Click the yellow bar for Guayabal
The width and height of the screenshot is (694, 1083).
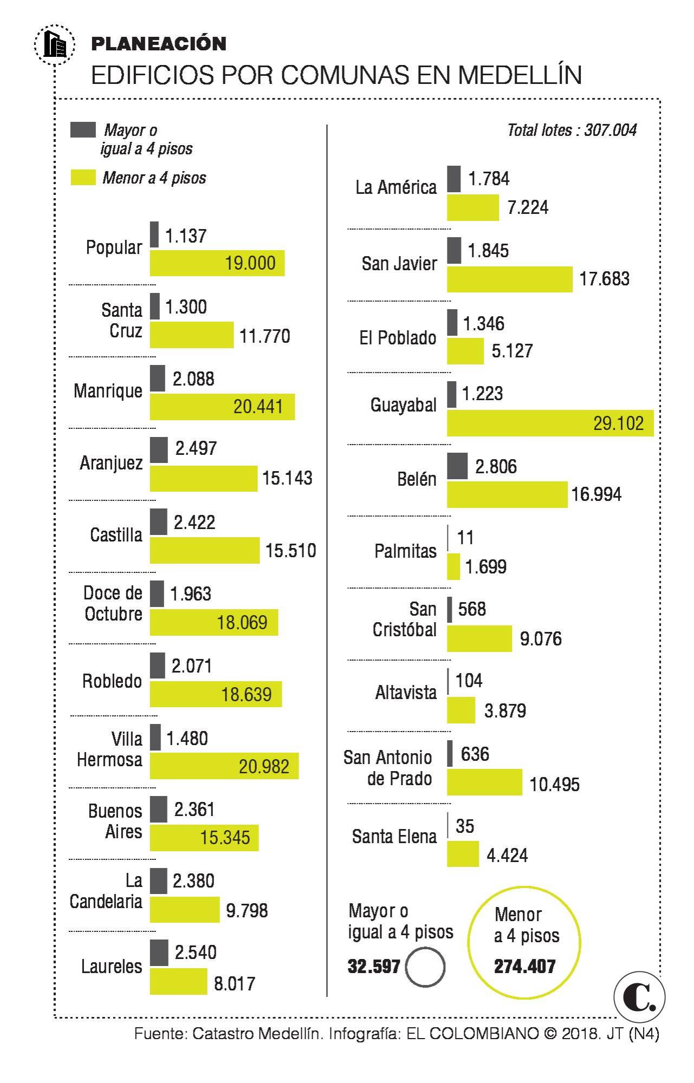(550, 423)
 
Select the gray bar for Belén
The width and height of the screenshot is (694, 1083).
(457, 466)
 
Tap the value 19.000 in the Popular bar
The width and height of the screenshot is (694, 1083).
(250, 263)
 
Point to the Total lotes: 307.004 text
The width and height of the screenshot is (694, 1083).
(572, 130)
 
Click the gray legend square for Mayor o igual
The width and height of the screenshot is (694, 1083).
(83, 130)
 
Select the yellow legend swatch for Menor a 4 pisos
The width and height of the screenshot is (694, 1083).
(83, 178)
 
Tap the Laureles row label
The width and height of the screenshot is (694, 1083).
(112, 966)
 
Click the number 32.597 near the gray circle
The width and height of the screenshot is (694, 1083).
(374, 966)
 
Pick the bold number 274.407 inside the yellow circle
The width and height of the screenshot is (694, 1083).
(524, 966)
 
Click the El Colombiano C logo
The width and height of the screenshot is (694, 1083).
(639, 996)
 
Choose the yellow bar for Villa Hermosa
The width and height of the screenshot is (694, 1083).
(224, 766)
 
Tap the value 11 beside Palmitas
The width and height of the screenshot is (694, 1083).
(465, 538)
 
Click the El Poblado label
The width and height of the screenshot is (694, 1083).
(398, 338)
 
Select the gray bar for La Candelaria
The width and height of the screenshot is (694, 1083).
(158, 880)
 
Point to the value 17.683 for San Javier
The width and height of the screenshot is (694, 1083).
(604, 279)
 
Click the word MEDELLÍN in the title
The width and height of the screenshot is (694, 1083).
(520, 75)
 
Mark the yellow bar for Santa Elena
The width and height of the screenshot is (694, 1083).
(463, 853)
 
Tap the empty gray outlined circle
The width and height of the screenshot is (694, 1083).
(425, 966)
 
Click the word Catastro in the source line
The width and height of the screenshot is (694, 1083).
(223, 1034)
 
